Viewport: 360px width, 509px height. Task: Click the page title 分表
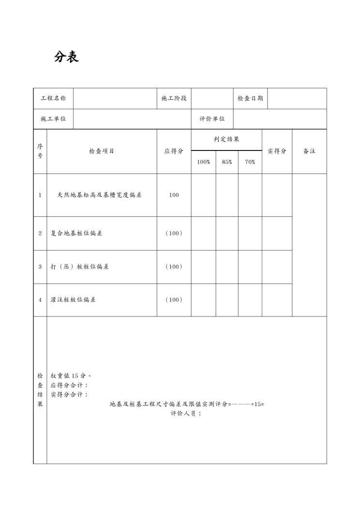coord(66,57)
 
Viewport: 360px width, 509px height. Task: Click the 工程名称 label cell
coord(53,98)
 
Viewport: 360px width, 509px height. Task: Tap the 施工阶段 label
coord(174,98)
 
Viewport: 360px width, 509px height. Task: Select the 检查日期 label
coord(250,98)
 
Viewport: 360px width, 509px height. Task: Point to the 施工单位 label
coord(53,119)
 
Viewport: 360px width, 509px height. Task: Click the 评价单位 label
coord(212,119)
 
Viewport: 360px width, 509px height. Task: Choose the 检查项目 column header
coord(102,151)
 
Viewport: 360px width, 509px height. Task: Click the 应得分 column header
coord(174,151)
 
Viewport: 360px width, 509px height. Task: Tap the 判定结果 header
coord(226,139)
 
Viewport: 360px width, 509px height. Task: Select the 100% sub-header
coord(203,162)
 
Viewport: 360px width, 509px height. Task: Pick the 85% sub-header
coord(227,162)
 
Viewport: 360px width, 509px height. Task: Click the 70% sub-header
coord(250,162)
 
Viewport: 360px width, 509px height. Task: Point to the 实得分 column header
coord(277,151)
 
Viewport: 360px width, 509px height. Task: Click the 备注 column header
coord(309,151)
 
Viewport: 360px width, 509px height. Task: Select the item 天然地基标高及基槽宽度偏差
coord(99,195)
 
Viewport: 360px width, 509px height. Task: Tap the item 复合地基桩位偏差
coord(76,233)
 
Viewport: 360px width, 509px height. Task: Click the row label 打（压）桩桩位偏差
coord(79,267)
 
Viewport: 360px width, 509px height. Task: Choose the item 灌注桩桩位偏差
coord(73,299)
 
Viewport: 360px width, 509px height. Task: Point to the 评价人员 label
coord(186,414)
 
